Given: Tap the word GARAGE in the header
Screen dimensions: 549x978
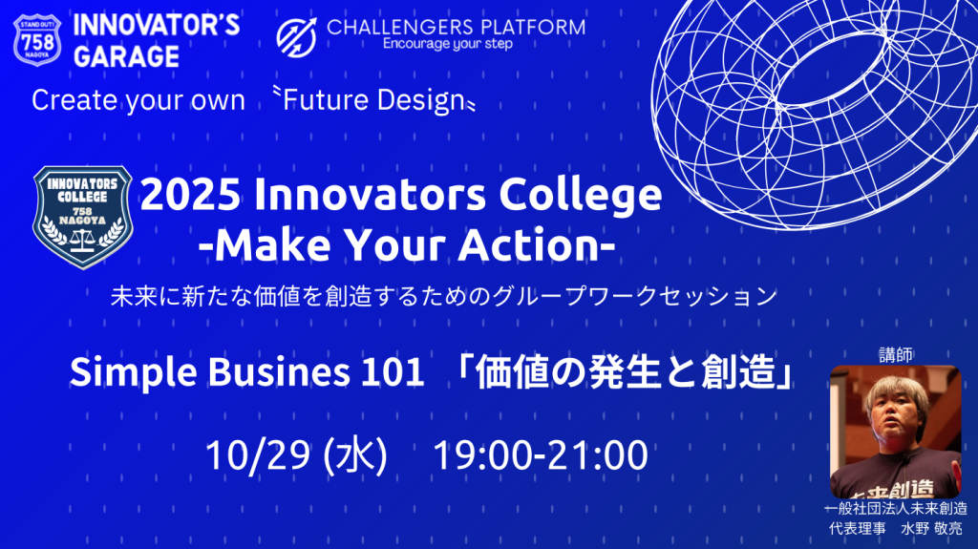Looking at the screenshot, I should click(126, 55).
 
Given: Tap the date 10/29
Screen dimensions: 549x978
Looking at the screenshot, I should click(260, 454).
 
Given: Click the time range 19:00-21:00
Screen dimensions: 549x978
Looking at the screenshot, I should click(541, 454).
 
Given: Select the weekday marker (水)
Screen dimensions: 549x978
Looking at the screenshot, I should click(355, 454).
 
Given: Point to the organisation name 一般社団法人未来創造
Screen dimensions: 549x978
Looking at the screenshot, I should click(895, 509).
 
